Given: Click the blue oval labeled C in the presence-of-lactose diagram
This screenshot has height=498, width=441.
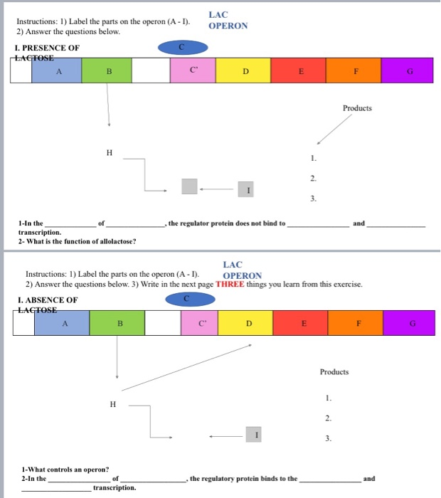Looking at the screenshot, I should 183,48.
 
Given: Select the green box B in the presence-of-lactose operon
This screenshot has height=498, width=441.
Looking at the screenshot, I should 107,70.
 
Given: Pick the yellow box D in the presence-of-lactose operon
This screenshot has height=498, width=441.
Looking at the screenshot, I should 245,70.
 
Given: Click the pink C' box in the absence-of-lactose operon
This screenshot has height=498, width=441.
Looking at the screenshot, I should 201,323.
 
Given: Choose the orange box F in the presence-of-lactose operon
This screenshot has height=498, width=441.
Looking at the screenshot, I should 354,70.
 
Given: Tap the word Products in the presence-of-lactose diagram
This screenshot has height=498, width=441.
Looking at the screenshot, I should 357,109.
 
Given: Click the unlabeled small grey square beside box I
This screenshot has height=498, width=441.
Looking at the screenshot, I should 189,186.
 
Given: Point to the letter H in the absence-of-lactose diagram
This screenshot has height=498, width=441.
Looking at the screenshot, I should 112,404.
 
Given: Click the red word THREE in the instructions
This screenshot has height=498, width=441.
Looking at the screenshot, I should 230,284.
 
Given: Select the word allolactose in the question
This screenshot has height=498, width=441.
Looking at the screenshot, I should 116,240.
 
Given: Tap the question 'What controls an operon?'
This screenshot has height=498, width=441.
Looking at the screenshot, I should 65,469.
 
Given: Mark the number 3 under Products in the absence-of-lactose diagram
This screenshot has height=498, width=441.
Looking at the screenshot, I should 328,438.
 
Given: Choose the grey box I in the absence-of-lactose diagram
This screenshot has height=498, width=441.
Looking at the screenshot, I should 253,434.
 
